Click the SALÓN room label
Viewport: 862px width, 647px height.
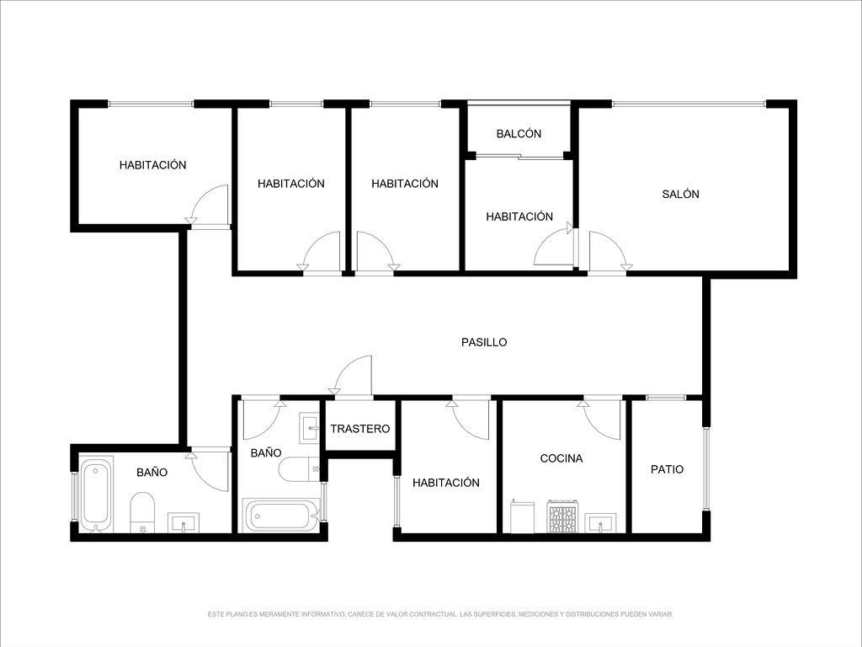tap(680, 194)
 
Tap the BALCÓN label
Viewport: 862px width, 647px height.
tap(519, 133)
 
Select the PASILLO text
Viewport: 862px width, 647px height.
tap(484, 342)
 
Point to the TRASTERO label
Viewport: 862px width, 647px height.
tap(360, 429)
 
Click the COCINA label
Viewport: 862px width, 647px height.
tap(561, 457)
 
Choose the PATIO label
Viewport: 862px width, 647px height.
tap(667, 468)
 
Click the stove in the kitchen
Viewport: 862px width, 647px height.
tap(562, 516)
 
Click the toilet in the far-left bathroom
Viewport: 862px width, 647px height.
tap(142, 512)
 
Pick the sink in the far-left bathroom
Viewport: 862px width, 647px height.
tap(184, 522)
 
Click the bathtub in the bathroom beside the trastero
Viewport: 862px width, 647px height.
tap(281, 515)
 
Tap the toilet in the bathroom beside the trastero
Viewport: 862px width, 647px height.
tap(299, 469)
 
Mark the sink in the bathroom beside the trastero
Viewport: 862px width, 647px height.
tap(310, 428)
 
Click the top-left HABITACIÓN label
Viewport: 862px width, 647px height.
tap(153, 164)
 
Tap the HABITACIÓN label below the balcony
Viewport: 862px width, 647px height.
tap(519, 217)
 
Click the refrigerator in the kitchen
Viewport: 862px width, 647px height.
tap(522, 516)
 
